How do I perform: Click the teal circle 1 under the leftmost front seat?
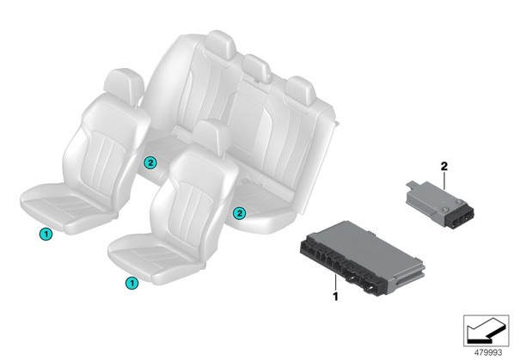(x=46, y=234)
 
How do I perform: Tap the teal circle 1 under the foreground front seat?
(x=132, y=283)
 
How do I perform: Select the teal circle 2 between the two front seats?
(x=150, y=162)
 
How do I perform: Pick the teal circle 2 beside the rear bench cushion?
(x=239, y=214)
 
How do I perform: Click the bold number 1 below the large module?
(x=335, y=296)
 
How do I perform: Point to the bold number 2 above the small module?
(x=444, y=167)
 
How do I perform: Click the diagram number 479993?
(x=488, y=352)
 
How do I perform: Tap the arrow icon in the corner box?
(x=486, y=331)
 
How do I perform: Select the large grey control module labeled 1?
(x=362, y=258)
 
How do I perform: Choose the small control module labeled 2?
(x=439, y=203)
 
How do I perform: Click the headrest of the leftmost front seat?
(x=124, y=84)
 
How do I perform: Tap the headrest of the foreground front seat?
(x=212, y=135)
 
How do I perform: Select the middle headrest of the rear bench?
(x=257, y=68)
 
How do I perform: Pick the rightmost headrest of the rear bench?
(x=301, y=91)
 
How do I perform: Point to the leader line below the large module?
(x=335, y=283)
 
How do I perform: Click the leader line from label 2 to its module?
(x=444, y=180)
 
